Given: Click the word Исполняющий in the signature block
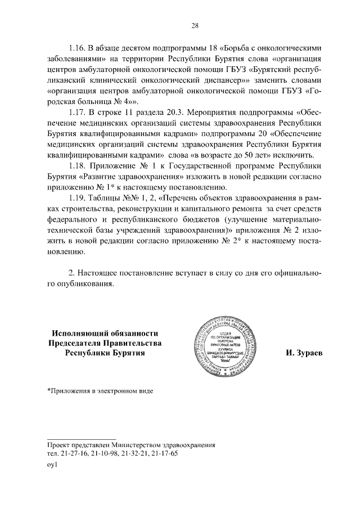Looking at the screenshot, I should pyautogui.click(x=79, y=333).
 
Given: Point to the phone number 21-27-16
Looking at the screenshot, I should pyautogui.click(x=71, y=453).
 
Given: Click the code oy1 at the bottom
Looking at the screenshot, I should pyautogui.click(x=52, y=465).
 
